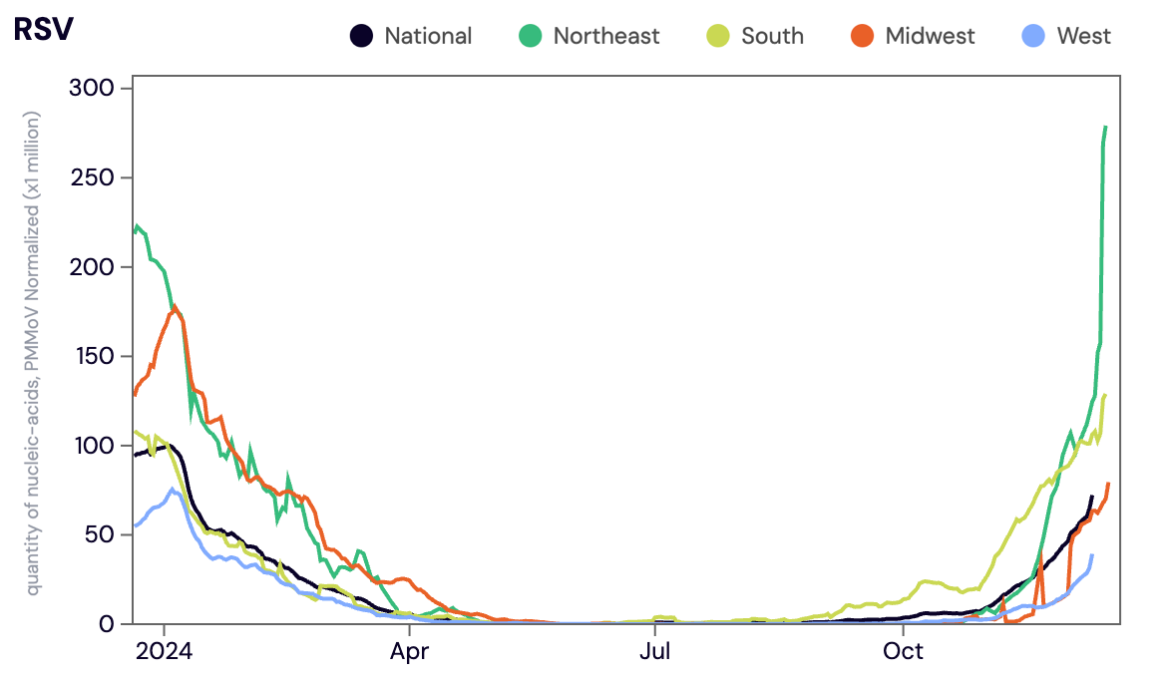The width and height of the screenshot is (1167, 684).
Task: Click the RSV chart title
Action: pos(43,30)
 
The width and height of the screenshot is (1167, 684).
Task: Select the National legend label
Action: pos(428,37)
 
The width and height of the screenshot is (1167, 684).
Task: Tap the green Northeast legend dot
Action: pos(531,37)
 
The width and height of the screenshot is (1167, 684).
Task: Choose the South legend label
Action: pos(772,37)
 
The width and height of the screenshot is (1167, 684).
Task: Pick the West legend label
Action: pos(1083,37)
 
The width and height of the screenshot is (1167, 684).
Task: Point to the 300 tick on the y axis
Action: pos(93,89)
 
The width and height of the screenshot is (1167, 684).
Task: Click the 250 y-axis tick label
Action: pos(93,177)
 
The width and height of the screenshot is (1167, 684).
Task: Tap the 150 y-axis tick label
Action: pos(93,356)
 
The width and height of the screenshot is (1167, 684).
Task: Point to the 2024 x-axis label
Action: pos(165,652)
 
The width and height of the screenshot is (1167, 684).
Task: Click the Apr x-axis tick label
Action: pos(409,652)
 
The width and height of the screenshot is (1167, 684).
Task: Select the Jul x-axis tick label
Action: pos(654,652)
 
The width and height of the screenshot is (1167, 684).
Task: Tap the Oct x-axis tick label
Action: pos(903,652)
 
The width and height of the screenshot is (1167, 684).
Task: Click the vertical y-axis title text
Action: pos(35,354)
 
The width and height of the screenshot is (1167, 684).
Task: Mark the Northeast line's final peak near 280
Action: pos(1105,128)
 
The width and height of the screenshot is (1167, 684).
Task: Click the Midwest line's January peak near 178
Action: pos(175,307)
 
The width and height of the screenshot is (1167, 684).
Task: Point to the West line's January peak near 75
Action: pos(173,490)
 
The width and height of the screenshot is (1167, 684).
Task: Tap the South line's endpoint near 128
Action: pos(1105,396)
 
